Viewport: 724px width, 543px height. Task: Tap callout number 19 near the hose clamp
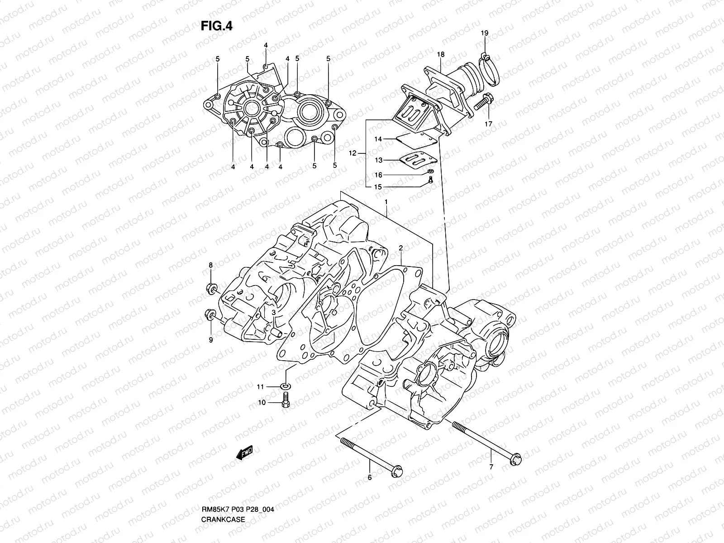pyautogui.click(x=485, y=33)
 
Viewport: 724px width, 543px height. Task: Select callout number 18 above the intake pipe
pyautogui.click(x=441, y=54)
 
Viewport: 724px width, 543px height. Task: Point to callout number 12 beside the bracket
pyautogui.click(x=352, y=153)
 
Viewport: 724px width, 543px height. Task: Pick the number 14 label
pyautogui.click(x=378, y=139)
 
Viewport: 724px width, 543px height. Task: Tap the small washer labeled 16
pyautogui.click(x=430, y=171)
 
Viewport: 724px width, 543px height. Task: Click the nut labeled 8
pyautogui.click(x=211, y=287)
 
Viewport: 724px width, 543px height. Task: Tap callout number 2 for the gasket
pyautogui.click(x=401, y=248)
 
